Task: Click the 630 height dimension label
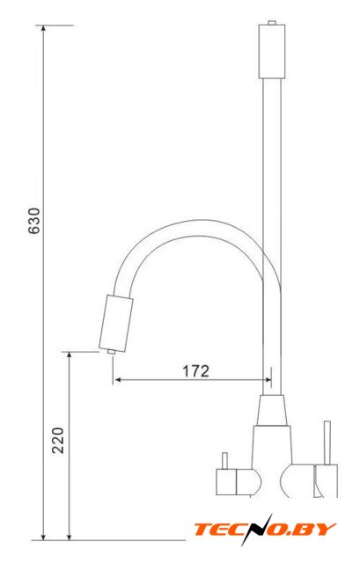tap(34, 221)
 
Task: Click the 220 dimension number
tap(57, 441)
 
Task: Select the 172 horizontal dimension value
tap(195, 371)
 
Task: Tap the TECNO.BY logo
tap(265, 530)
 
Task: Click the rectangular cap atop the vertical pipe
tap(272, 51)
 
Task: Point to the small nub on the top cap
tap(272, 23)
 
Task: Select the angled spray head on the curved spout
tap(115, 324)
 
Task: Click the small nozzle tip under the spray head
tap(111, 352)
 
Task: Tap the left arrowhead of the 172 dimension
tap(117, 379)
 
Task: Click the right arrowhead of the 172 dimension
tap(267, 379)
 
